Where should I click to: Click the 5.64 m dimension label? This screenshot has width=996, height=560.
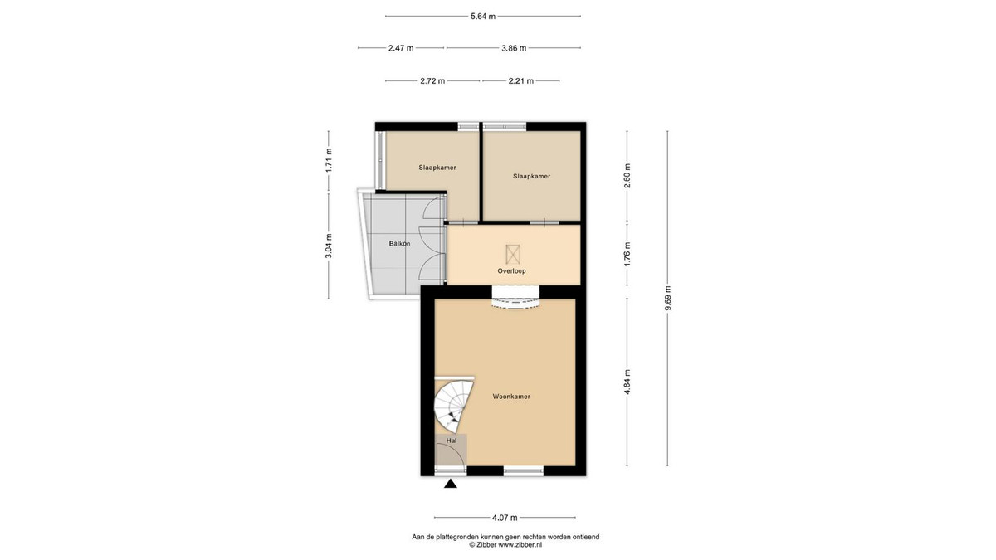tap(483, 17)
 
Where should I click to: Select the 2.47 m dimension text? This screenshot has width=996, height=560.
tap(401, 48)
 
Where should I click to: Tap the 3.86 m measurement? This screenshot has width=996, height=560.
tap(514, 48)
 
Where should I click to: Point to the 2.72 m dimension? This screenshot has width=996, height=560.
tap(432, 81)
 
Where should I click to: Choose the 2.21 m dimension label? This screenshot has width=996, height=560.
tap(521, 81)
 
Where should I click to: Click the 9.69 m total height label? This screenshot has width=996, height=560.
tap(667, 298)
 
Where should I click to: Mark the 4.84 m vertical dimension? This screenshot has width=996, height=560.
tap(627, 382)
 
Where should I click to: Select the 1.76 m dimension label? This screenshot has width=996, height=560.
tap(627, 254)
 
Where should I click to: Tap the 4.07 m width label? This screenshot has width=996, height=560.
tap(505, 518)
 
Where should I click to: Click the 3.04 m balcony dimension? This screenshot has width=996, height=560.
tap(329, 246)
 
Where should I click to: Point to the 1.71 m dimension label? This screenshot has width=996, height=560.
tap(329, 160)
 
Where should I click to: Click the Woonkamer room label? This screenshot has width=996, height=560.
tap(511, 397)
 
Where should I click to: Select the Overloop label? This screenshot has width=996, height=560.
tap(511, 270)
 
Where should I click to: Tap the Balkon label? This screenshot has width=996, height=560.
tap(399, 244)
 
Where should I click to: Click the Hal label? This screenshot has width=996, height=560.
tap(452, 441)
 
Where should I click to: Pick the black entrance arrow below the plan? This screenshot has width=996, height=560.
tap(451, 484)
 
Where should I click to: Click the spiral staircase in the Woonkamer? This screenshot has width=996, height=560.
tap(453, 406)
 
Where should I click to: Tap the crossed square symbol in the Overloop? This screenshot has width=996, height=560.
tap(513, 254)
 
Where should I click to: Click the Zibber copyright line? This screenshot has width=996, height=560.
tap(505, 544)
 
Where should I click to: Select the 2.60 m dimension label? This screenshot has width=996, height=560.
tap(627, 176)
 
